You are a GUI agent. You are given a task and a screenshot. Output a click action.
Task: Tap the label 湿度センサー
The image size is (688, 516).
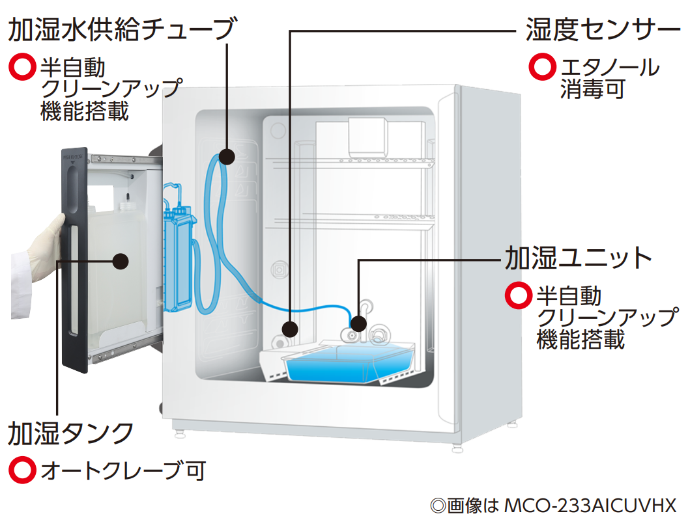(603, 29)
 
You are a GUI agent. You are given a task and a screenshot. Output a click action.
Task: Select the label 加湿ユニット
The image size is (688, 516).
(579, 258)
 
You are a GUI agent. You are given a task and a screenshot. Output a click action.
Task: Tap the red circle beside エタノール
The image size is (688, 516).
(541, 67)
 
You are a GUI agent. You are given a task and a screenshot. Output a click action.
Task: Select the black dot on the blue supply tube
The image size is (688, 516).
(227, 156)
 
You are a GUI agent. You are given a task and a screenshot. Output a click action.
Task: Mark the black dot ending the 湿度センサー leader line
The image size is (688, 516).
(291, 327)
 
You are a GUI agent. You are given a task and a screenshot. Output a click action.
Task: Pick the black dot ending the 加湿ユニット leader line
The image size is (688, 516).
(358, 323)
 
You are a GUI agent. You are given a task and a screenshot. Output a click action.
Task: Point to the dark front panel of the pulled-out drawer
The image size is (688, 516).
(74, 260)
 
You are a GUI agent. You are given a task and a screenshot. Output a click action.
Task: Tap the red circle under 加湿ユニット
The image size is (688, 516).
(518, 296)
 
